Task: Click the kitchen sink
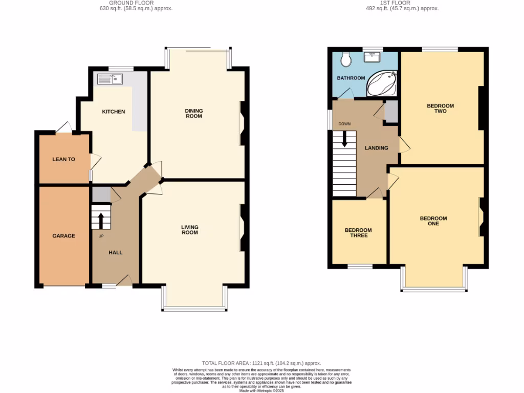pyautogui.click(x=109, y=79)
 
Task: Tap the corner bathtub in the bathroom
pyautogui.click(x=382, y=84)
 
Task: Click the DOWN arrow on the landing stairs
pyautogui.click(x=344, y=139)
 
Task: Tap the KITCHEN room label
pyautogui.click(x=114, y=112)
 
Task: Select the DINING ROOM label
pyautogui.click(x=194, y=113)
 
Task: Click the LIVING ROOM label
pyautogui.click(x=190, y=230)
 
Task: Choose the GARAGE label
pyautogui.click(x=63, y=236)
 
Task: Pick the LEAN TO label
pyautogui.click(x=63, y=159)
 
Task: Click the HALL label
pyautogui.click(x=115, y=252)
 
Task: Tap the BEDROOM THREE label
pyautogui.click(x=358, y=233)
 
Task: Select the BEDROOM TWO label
pyautogui.click(x=441, y=108)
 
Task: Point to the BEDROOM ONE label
pyautogui.click(x=433, y=221)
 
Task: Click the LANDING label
pyautogui.click(x=376, y=148)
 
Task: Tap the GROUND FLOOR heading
pyautogui.click(x=124, y=3)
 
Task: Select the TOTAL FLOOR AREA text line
pyautogui.click(x=261, y=363)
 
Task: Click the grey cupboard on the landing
pyautogui.click(x=391, y=112)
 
